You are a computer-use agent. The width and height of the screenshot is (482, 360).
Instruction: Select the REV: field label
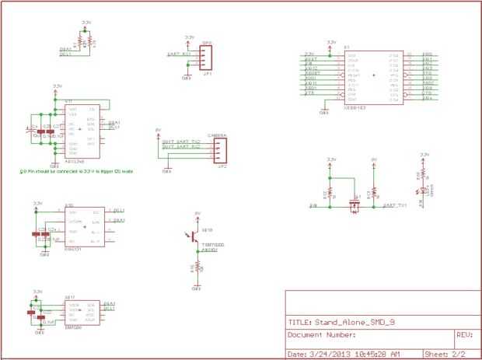(x=464, y=335)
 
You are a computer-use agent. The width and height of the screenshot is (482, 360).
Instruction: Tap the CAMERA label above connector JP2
(x=217, y=135)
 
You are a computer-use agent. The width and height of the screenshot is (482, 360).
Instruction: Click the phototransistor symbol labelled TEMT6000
(x=194, y=236)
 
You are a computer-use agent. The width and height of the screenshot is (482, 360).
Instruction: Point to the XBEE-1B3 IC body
(x=372, y=77)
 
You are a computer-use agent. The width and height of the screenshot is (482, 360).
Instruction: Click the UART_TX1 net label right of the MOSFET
(x=396, y=205)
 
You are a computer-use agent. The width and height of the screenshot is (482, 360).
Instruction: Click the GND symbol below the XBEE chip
(x=325, y=110)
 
